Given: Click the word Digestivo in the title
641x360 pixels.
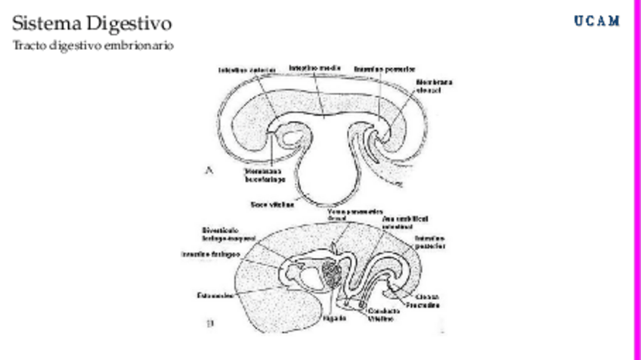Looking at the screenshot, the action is pos(128,23).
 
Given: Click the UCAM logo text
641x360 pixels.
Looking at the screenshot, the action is pos(596,20).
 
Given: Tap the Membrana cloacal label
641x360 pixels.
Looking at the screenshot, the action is pos(434,86).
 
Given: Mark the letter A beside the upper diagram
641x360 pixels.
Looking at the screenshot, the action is pos(209,172).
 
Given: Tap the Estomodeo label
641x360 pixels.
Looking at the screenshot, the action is pos(215,294).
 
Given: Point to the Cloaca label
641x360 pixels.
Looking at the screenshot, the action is pos(428,296).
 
